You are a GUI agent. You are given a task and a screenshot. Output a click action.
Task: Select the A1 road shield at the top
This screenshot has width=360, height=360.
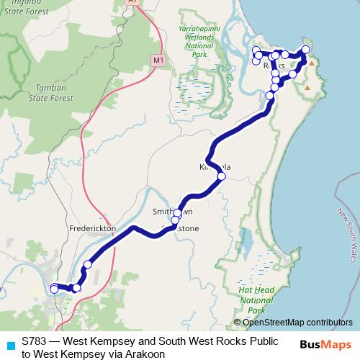[x=132, y=2]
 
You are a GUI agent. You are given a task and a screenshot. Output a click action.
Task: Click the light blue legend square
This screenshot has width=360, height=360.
[x=9, y=343]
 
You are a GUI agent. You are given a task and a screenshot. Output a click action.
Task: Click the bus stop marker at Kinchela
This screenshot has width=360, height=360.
[x=221, y=176]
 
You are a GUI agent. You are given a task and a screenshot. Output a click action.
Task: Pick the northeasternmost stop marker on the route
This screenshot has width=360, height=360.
[x=306, y=50]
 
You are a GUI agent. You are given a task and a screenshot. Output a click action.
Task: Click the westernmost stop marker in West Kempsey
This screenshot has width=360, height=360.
[x=54, y=289]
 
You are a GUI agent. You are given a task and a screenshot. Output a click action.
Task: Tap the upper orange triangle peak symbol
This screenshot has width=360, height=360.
[x=312, y=63]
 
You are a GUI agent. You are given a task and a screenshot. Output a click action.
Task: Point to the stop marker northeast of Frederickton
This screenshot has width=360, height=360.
[x=88, y=264]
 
